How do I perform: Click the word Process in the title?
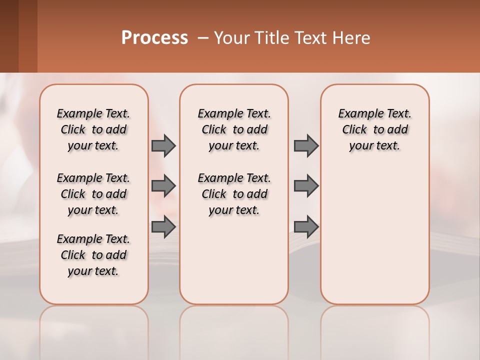(x=154, y=38)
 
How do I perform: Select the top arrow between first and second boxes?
(x=163, y=146)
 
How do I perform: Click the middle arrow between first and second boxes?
(x=163, y=186)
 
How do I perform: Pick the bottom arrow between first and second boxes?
(x=163, y=227)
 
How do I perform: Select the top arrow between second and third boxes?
(x=306, y=146)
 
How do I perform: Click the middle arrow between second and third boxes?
(x=306, y=186)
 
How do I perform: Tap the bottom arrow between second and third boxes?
(x=306, y=227)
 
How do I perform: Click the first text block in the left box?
(x=93, y=129)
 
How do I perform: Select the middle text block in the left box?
(x=93, y=194)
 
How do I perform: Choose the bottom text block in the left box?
(x=93, y=255)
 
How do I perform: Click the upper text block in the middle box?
(x=234, y=129)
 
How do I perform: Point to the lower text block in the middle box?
(x=234, y=194)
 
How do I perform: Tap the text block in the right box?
(x=375, y=129)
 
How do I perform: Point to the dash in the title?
(x=203, y=38)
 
